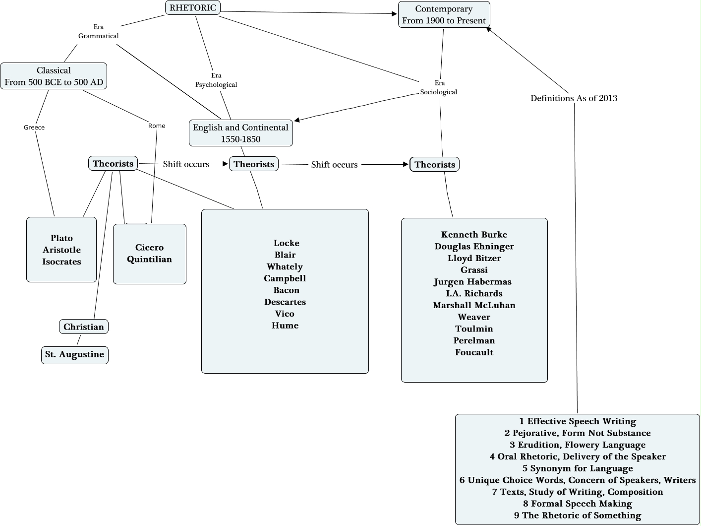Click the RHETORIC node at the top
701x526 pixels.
tap(193, 7)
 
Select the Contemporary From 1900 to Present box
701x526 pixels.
tap(444, 14)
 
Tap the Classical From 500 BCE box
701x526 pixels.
tap(54, 76)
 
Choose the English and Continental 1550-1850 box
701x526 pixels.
tap(240, 133)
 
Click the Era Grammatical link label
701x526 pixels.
tap(99, 31)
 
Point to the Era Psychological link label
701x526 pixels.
tap(216, 80)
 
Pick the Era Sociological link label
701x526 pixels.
tap(439, 87)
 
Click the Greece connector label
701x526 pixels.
tap(34, 128)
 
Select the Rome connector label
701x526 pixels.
tap(157, 126)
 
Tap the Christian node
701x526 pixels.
tap(84, 327)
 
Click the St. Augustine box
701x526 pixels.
tap(74, 354)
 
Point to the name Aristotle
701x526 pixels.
tap(61, 250)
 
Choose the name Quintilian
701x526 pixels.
tap(149, 259)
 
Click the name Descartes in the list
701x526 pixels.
tap(285, 302)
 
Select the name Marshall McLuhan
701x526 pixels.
tap(474, 305)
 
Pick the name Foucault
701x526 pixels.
tap(474, 352)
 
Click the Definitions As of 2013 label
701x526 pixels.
tap(574, 98)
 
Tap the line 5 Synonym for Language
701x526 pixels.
tap(578, 468)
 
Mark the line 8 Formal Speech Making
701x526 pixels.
tap(578, 504)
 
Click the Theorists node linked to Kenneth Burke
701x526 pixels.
tap(435, 164)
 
